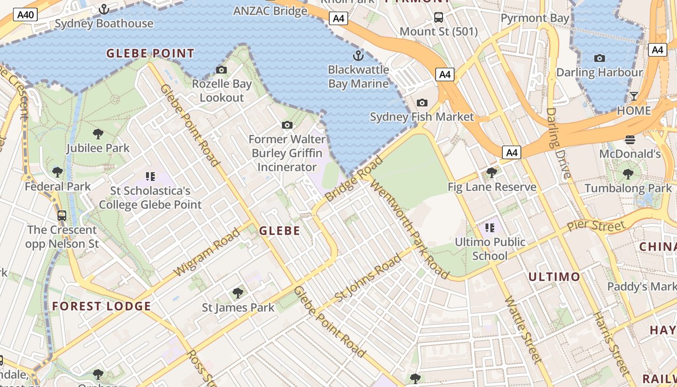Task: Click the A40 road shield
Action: [26, 15]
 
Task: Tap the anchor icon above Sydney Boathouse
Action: [104, 9]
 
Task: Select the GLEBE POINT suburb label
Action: [150, 54]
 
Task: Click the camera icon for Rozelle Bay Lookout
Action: [221, 70]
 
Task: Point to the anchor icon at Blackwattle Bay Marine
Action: [358, 55]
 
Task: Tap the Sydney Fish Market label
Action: [422, 117]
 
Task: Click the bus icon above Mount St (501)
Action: [439, 17]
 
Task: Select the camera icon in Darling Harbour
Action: [600, 59]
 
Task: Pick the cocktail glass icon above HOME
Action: [634, 96]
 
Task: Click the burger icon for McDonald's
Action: [630, 140]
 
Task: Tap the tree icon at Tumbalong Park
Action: [628, 174]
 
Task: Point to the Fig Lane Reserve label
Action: [492, 187]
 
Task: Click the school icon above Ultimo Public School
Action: [490, 227]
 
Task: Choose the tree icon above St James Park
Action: [237, 293]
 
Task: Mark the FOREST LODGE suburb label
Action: [102, 306]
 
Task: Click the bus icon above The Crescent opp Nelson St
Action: [62, 216]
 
